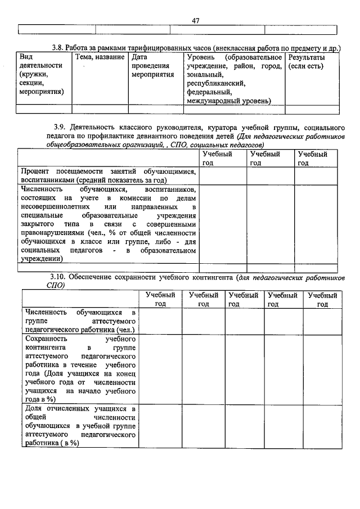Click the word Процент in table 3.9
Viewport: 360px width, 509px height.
click(x=35, y=171)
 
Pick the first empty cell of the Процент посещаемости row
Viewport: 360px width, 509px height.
click(x=223, y=175)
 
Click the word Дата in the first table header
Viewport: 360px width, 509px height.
click(x=140, y=57)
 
